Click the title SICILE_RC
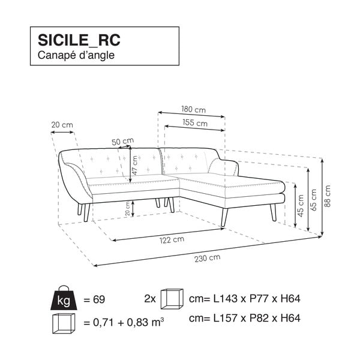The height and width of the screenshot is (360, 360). click(x=79, y=40)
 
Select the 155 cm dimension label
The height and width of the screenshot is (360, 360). click(x=195, y=124)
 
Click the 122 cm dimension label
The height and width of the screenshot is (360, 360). click(x=172, y=240)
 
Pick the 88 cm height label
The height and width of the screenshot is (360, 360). click(x=328, y=195)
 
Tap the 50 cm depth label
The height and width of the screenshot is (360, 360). click(x=122, y=142)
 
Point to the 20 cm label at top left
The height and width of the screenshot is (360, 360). click(x=62, y=125)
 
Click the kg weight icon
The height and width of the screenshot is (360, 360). click(x=63, y=297)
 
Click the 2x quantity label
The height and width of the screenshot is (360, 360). click(x=150, y=298)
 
